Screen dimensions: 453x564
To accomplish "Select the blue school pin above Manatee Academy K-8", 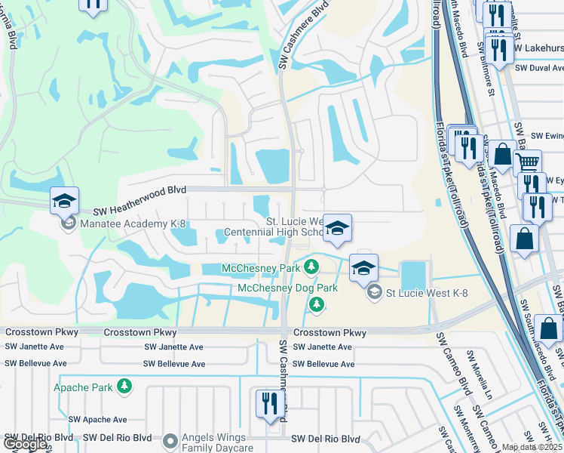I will pyautogui.click(x=65, y=202).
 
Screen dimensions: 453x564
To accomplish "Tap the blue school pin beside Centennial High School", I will pyautogui.click(x=337, y=229).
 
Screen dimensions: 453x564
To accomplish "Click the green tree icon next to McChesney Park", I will pyautogui.click(x=310, y=267).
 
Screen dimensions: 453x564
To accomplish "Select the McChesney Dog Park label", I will pyautogui.click(x=277, y=288).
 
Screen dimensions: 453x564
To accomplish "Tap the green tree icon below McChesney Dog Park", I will pyautogui.click(x=317, y=304).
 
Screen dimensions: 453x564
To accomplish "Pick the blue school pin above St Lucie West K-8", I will pyautogui.click(x=363, y=270).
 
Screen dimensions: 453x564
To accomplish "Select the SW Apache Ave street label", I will pyautogui.click(x=97, y=419).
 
